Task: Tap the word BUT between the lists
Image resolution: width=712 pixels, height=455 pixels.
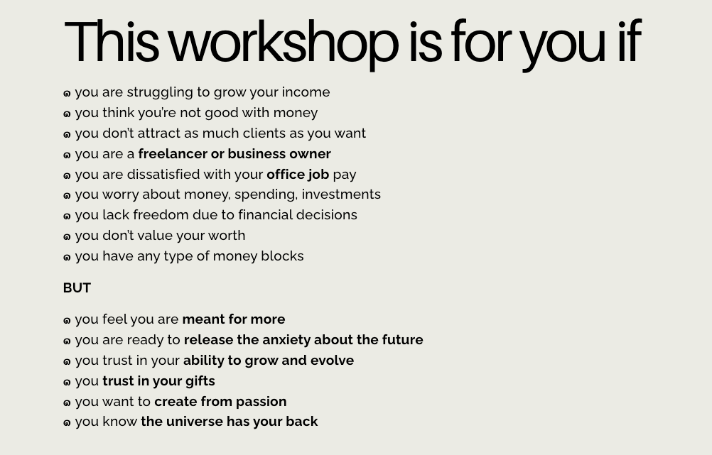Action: pyautogui.click(x=77, y=288)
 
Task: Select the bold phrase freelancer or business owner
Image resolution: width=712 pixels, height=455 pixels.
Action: pyautogui.click(x=234, y=154)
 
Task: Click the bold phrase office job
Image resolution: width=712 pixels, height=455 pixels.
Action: pyautogui.click(x=298, y=175)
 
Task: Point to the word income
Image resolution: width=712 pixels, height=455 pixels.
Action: pyautogui.click(x=306, y=92)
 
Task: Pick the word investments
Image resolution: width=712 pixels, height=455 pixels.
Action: pyautogui.click(x=341, y=194)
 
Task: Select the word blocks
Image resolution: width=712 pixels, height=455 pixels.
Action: pyautogui.click(x=282, y=256)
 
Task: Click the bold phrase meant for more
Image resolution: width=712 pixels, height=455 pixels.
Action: pyautogui.click(x=233, y=319)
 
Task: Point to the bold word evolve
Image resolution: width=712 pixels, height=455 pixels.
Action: pyautogui.click(x=332, y=360)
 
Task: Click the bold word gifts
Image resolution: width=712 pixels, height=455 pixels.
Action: pyautogui.click(x=200, y=381)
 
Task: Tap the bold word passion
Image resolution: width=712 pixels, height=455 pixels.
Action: pyautogui.click(x=261, y=402)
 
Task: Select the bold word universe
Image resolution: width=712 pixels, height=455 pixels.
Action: pyautogui.click(x=195, y=422)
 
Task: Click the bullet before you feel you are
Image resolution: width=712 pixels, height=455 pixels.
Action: pyautogui.click(x=67, y=321)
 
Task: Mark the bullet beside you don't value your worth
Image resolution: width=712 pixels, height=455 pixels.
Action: pyautogui.click(x=67, y=237)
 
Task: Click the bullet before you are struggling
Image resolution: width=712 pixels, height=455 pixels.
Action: pyautogui.click(x=67, y=94)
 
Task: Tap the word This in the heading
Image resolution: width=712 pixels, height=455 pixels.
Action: pyautogui.click(x=112, y=41)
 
